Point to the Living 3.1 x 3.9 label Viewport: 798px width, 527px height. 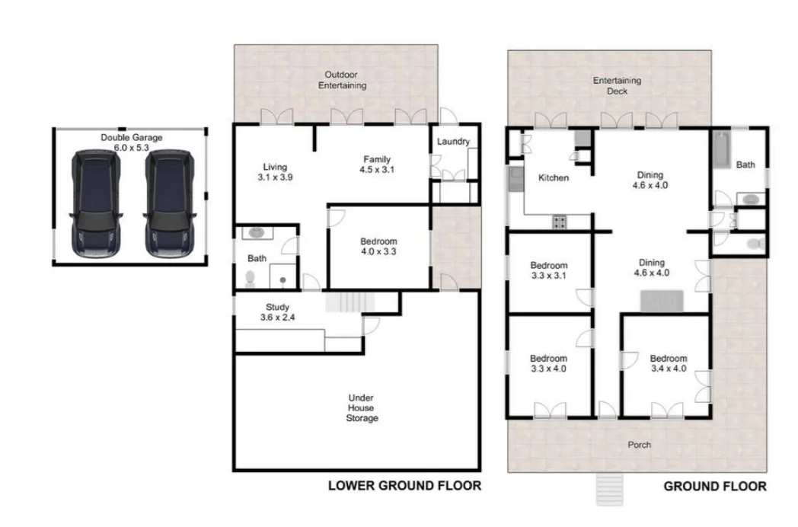[274, 171]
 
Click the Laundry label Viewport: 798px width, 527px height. [453, 142]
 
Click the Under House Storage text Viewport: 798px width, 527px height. [362, 408]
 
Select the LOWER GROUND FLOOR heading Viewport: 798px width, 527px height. [404, 485]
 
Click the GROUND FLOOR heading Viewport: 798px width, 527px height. [715, 486]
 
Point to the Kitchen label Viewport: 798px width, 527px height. [554, 177]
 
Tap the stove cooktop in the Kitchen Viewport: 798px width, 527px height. [560, 222]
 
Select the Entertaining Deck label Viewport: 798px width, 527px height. [617, 85]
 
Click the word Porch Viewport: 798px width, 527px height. [639, 445]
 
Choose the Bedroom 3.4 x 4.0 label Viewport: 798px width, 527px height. [668, 363]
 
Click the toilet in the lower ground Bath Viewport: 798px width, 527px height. [250, 279]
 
